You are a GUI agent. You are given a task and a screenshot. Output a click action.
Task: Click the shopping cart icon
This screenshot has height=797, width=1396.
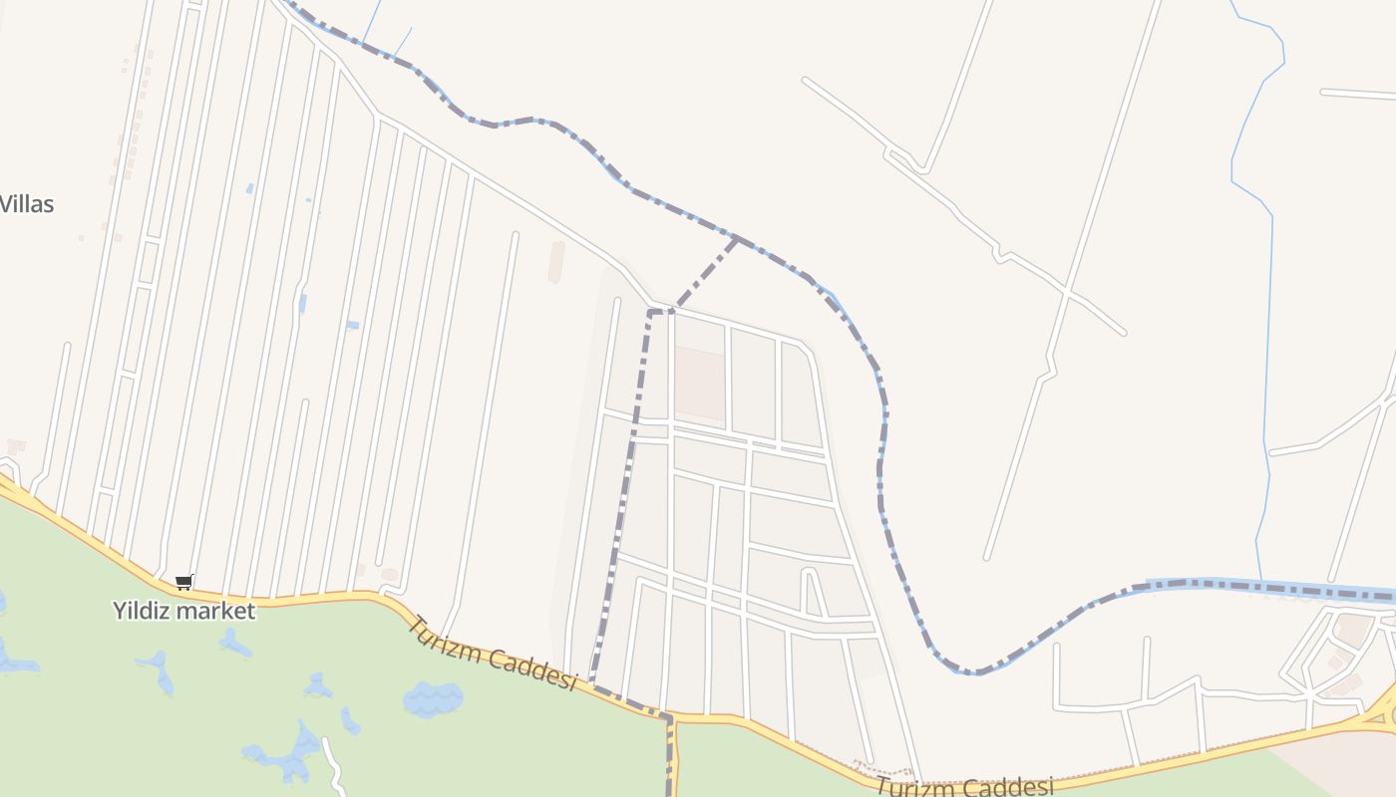point(183,582)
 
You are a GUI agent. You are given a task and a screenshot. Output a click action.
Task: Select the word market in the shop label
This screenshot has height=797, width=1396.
point(220,611)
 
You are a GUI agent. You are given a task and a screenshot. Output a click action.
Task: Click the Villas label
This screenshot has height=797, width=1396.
point(27,204)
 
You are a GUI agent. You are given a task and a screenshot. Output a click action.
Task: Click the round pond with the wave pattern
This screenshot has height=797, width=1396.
point(433,698)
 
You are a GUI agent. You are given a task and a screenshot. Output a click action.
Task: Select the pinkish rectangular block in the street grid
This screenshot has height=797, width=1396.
point(699,384)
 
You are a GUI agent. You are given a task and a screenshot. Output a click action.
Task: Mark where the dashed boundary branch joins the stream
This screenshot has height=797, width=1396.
point(736,238)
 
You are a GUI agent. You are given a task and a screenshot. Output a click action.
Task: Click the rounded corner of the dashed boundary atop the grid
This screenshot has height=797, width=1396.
point(650,313)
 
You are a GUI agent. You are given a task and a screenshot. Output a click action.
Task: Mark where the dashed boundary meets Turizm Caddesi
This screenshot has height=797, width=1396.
point(592,684)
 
